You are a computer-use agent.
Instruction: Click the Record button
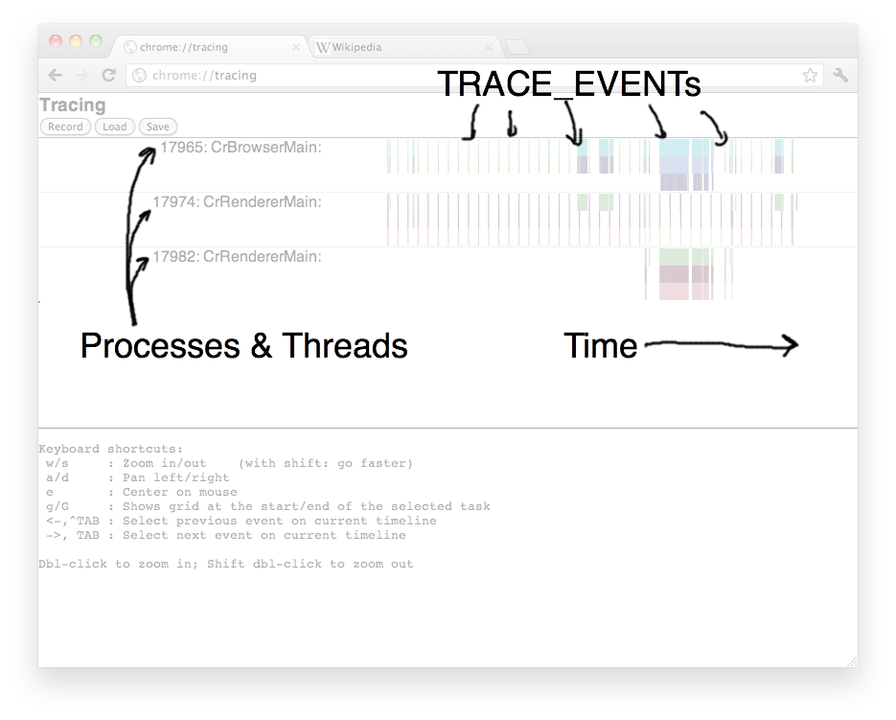(x=65, y=127)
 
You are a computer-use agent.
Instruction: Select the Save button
(x=158, y=127)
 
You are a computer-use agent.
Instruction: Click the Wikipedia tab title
(x=356, y=47)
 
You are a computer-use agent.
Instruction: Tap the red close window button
(x=56, y=40)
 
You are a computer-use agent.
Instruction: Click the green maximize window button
(x=96, y=40)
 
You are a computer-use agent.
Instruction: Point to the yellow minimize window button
(x=76, y=40)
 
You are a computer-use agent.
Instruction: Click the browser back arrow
(x=55, y=75)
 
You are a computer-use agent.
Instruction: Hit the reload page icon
(x=108, y=75)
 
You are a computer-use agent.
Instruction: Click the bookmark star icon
(x=810, y=75)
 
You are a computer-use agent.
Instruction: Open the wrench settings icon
(x=840, y=75)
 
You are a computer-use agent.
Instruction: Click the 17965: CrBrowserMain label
(x=241, y=148)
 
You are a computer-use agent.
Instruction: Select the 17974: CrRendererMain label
(x=237, y=202)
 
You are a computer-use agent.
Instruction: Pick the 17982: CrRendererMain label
(x=237, y=256)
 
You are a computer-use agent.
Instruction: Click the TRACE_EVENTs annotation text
(x=568, y=84)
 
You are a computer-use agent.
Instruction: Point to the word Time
(x=601, y=345)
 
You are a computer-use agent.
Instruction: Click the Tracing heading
(x=73, y=105)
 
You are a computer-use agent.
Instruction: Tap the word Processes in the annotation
(x=160, y=346)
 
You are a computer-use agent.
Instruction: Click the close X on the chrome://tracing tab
(x=296, y=47)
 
